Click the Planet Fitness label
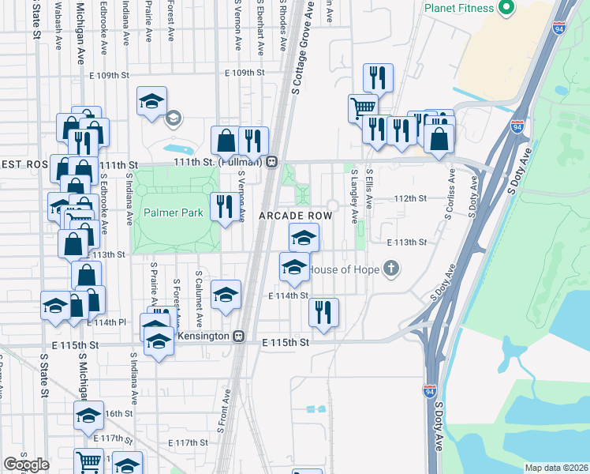458,9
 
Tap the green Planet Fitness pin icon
506,9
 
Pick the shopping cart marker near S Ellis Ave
363,107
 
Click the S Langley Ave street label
355,192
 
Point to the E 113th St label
405,243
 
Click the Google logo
25,465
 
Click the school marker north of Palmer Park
151,101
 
